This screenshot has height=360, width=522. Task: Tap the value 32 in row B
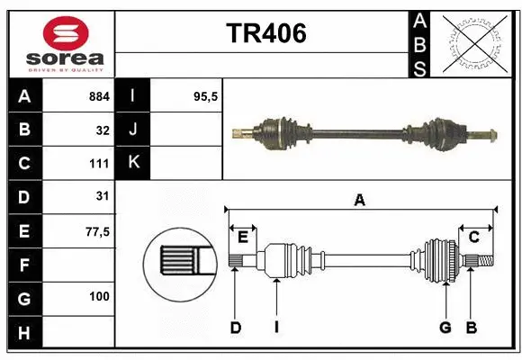click(103, 130)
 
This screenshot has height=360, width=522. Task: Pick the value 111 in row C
click(99, 164)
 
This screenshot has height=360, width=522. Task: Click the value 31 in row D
click(103, 197)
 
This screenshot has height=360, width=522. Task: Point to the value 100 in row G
click(99, 296)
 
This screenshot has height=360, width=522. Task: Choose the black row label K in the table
click(133, 163)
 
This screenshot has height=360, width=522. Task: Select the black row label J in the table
click(133, 130)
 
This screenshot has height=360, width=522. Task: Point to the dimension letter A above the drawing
click(359, 201)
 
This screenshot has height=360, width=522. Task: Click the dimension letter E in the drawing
click(243, 237)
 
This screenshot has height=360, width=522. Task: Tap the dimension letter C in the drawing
click(472, 237)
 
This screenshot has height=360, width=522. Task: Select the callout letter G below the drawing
click(445, 328)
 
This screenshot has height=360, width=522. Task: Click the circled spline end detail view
click(179, 262)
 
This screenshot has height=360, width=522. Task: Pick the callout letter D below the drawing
click(236, 328)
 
